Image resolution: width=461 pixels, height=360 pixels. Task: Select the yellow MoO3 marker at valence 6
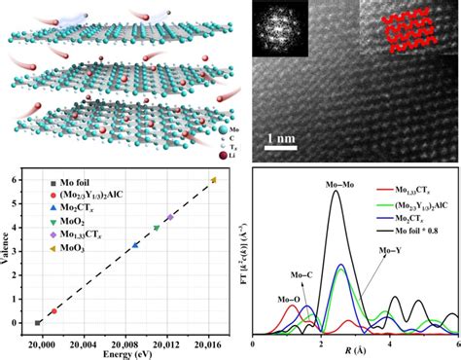point(213,180)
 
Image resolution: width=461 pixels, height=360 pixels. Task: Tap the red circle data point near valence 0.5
point(53,311)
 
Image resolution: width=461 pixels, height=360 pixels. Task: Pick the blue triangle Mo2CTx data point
point(134,245)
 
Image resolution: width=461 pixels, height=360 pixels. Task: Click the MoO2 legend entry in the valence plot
point(91,223)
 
